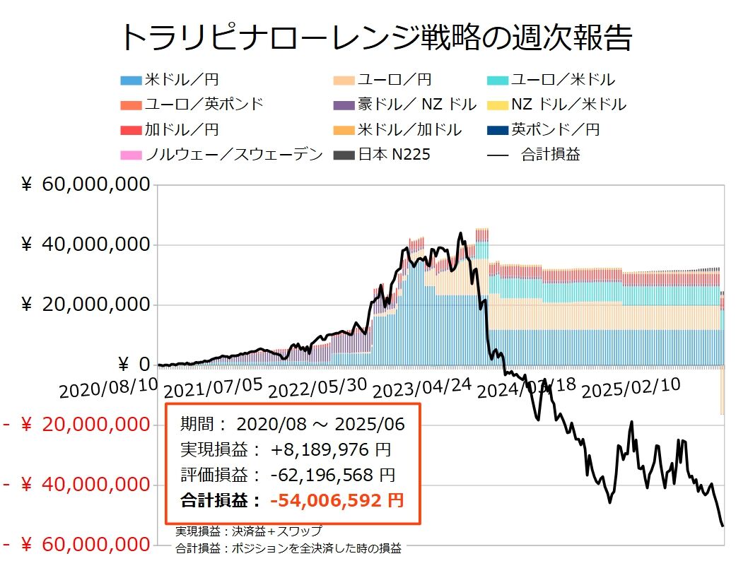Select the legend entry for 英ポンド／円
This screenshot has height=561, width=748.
point(556,129)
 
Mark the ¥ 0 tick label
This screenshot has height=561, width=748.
point(134,365)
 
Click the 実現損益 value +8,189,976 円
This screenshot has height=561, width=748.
point(329,449)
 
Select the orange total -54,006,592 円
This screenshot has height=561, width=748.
point(337,500)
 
